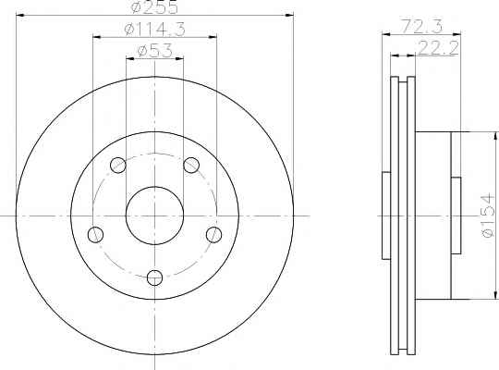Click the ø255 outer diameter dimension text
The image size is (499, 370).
pos(154,7)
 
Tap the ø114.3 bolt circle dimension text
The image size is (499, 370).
pos(154,30)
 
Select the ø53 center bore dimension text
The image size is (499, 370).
pos(154,51)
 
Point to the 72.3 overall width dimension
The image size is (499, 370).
pos(421,26)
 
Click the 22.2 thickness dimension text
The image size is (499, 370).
pos(438,48)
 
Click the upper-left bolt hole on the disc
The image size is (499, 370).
pos(118,165)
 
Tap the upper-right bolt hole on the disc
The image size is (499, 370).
pos(191,165)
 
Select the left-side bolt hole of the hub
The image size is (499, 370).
pos(95,235)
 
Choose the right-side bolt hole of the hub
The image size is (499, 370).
pos(213,235)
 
